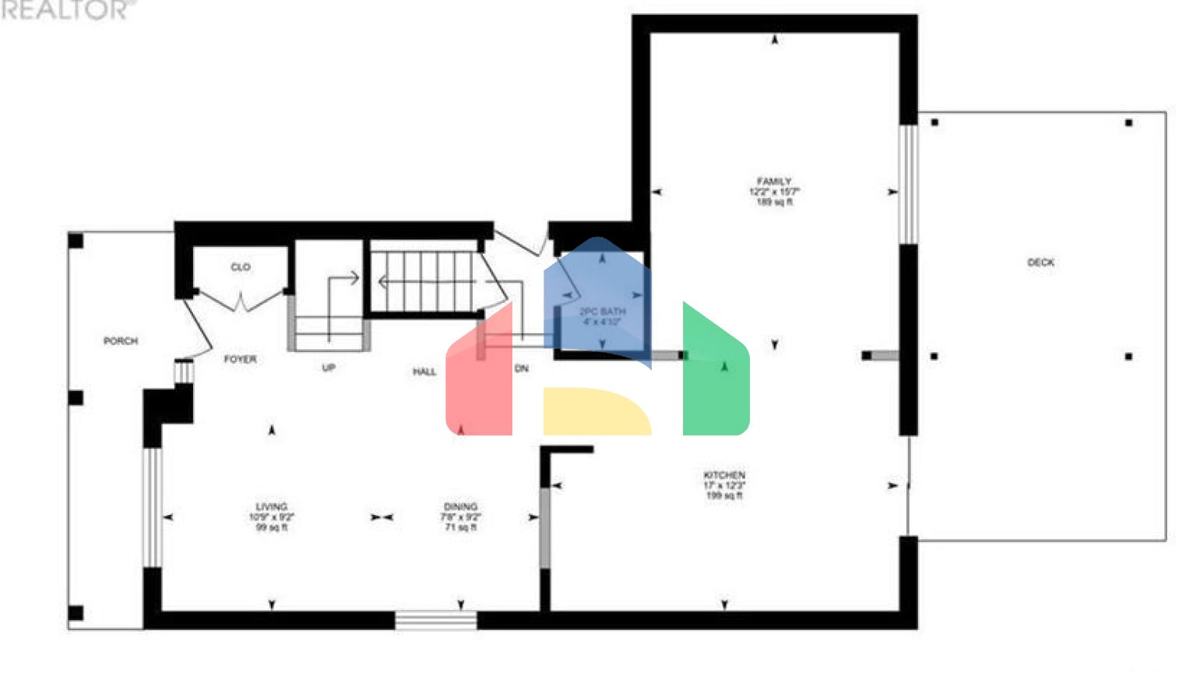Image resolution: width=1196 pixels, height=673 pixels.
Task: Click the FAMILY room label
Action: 773,181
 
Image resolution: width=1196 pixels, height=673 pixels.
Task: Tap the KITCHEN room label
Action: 724,475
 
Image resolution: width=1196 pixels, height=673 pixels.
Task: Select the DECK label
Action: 1040,263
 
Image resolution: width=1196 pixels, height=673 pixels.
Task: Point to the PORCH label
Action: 121,341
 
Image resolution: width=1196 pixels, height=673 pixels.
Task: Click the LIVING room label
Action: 271,506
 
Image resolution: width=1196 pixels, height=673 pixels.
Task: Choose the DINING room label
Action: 460,506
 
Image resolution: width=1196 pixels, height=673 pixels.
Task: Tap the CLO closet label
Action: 241,267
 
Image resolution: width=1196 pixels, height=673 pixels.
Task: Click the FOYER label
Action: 240,359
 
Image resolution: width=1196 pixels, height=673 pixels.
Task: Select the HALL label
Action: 424,372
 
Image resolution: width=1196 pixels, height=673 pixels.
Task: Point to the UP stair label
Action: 329,368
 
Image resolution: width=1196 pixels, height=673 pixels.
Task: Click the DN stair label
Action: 522,368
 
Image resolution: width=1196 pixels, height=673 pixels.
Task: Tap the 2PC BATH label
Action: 602,312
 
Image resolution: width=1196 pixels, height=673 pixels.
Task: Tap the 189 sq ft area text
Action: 774,203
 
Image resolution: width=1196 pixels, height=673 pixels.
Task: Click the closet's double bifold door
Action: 241,300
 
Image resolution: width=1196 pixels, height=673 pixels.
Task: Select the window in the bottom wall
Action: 436,620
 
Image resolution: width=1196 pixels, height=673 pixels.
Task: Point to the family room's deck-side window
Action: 908,185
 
